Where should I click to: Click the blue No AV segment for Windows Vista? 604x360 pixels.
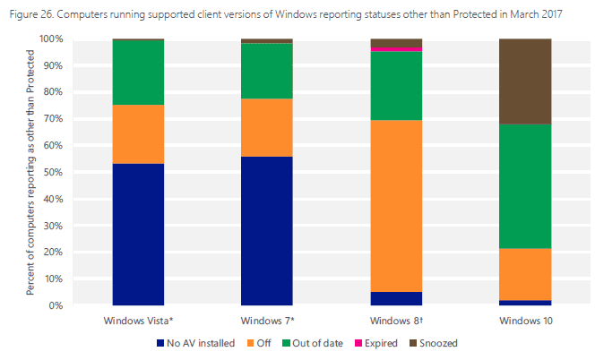pos(138,235)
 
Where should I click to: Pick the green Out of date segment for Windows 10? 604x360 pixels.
pos(525,186)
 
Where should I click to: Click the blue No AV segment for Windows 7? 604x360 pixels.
pos(267,231)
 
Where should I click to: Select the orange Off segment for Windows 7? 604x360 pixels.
pos(267,127)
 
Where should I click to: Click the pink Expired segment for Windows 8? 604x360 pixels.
pos(396,49)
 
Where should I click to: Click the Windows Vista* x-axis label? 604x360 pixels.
pos(138,320)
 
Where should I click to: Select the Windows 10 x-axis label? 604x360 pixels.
pos(525,320)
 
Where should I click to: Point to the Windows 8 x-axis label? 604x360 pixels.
pos(396,320)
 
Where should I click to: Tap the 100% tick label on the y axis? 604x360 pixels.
pos(50,39)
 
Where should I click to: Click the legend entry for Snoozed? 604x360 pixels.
pos(437,343)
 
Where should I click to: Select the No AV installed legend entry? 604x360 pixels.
pos(200,343)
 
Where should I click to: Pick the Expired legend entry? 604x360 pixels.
pos(381,343)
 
